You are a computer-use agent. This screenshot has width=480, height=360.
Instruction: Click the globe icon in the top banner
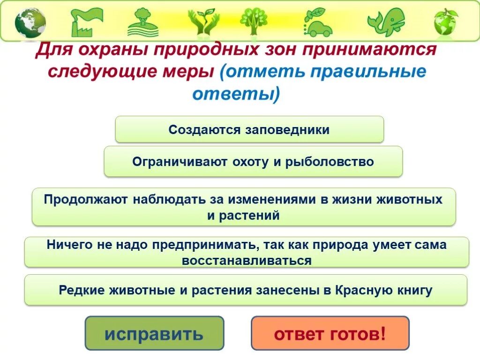tap(30, 22)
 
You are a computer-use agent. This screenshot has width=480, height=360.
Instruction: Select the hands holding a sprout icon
tap(203, 22)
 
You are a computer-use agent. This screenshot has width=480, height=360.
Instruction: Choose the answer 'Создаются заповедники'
tap(249, 129)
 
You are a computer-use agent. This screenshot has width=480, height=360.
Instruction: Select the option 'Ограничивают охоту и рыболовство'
tap(253, 162)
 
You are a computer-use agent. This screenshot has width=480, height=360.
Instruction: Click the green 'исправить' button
tap(154, 333)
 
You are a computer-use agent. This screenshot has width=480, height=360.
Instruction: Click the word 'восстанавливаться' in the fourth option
tap(247, 261)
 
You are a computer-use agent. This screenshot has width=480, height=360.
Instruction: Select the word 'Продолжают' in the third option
tap(86, 199)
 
